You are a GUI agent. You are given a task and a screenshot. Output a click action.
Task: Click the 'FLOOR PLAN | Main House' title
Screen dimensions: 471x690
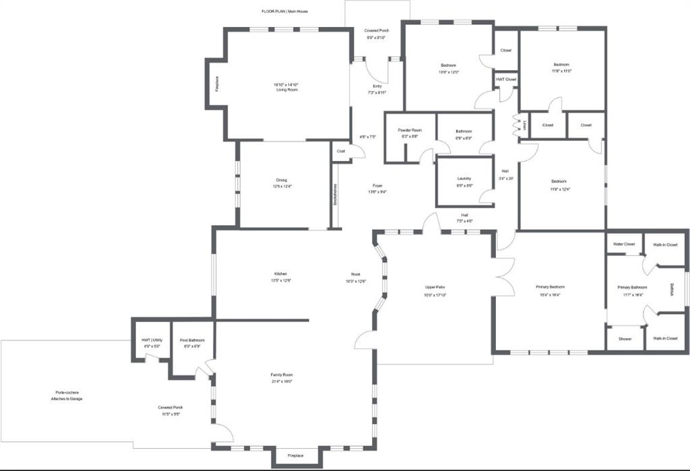tap(284, 11)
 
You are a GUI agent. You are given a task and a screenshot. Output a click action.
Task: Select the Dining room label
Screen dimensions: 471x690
tap(281, 180)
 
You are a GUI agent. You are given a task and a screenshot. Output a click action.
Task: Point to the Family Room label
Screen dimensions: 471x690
tap(282, 375)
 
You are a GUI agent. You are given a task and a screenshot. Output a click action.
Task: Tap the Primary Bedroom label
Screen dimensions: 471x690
tap(550, 286)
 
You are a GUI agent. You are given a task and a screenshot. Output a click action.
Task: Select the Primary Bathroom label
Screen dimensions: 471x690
tap(632, 287)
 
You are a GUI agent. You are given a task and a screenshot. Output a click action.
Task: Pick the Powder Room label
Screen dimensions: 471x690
tap(410, 130)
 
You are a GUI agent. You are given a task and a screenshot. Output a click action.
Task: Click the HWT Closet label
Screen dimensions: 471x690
tap(506, 80)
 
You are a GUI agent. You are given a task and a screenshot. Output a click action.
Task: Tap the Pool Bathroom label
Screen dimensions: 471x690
tap(192, 340)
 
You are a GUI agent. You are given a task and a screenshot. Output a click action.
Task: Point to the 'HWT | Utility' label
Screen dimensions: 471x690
tap(152, 340)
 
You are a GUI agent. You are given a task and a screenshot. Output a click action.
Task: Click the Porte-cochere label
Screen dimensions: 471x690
tap(68, 392)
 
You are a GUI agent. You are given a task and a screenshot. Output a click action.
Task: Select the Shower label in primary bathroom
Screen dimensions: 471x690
tap(625, 338)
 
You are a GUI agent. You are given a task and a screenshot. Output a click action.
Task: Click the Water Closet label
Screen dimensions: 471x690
tap(623, 244)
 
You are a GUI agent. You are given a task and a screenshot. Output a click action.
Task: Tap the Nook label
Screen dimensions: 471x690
tap(355, 274)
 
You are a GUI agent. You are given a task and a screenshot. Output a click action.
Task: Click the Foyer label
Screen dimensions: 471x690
tap(377, 185)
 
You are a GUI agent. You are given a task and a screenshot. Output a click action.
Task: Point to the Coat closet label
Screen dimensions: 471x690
tap(341, 151)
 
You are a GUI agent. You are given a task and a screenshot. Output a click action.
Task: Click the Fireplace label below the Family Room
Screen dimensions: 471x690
tap(295, 456)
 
